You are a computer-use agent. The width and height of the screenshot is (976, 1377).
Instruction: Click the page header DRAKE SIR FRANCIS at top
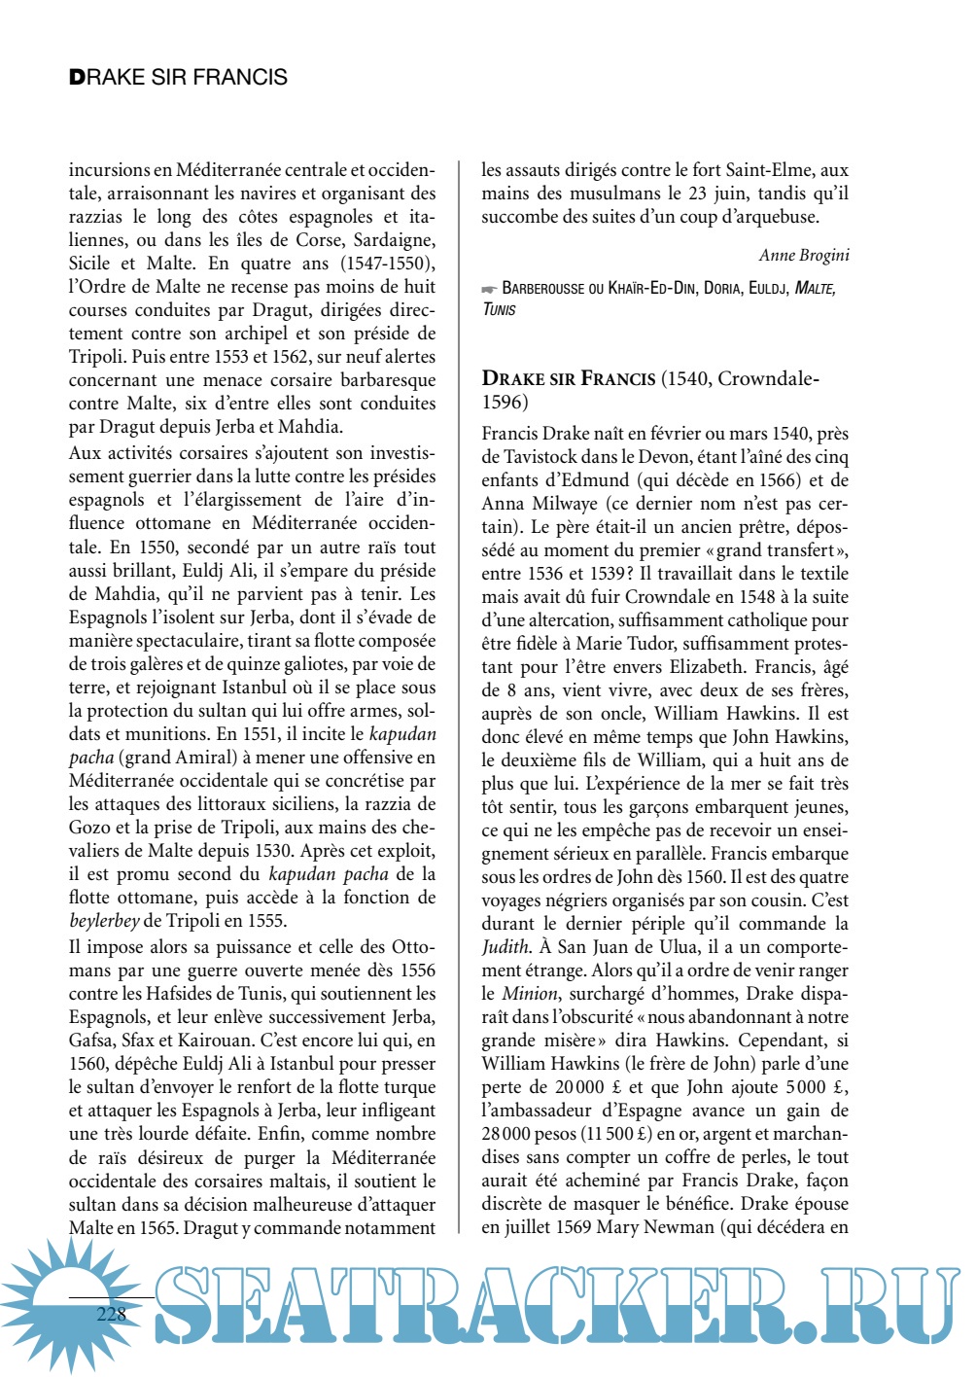[178, 78]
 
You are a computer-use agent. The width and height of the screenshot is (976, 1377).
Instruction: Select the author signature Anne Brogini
[804, 255]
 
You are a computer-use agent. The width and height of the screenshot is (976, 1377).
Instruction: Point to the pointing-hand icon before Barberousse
[489, 289]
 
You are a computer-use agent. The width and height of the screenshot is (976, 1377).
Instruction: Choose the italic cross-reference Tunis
[499, 310]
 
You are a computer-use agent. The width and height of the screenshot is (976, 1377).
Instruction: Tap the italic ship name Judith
[505, 947]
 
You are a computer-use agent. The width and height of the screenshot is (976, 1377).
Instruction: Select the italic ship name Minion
[530, 994]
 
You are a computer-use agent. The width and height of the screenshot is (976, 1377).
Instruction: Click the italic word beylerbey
[104, 921]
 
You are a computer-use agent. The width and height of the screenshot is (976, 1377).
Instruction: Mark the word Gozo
[89, 828]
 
